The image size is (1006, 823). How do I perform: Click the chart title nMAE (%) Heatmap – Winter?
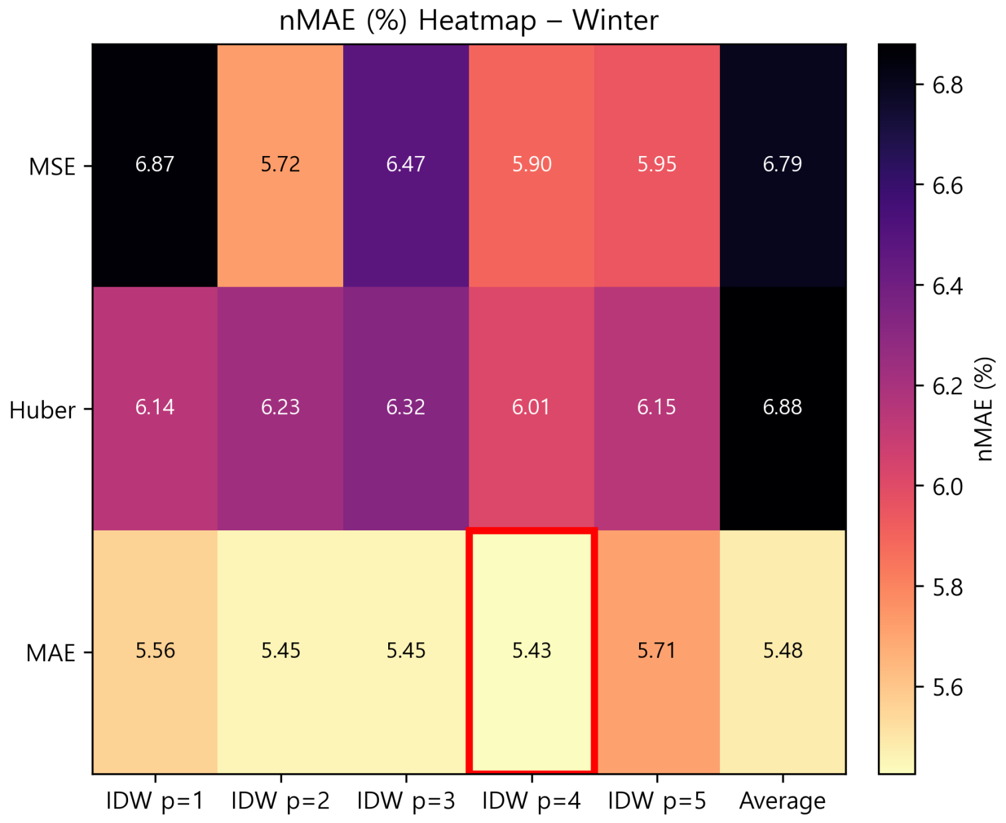click(468, 21)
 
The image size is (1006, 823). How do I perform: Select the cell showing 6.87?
click(155, 165)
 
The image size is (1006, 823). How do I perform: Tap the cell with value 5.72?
click(280, 165)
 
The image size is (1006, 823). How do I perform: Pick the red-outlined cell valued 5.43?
click(532, 650)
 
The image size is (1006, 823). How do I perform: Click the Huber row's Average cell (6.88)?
click(782, 408)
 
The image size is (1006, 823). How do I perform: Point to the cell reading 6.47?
click(405, 165)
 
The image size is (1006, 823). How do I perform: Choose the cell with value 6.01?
click(532, 408)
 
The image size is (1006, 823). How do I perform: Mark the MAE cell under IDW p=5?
click(657, 650)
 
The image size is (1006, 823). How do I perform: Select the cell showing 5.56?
click(155, 650)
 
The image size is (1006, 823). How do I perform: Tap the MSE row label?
click(52, 167)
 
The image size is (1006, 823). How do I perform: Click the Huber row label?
click(42, 410)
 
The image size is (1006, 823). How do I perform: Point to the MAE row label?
click(50, 653)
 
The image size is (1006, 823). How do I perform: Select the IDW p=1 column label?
click(155, 801)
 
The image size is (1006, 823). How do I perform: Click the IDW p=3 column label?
click(405, 801)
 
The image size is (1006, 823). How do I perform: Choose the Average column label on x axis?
click(782, 801)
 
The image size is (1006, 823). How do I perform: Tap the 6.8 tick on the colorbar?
click(947, 85)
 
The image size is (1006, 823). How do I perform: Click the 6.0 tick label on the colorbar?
click(947, 486)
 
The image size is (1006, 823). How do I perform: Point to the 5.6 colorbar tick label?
click(947, 687)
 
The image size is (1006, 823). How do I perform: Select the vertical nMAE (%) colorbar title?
click(985, 409)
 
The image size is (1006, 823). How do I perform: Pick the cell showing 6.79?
click(782, 165)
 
